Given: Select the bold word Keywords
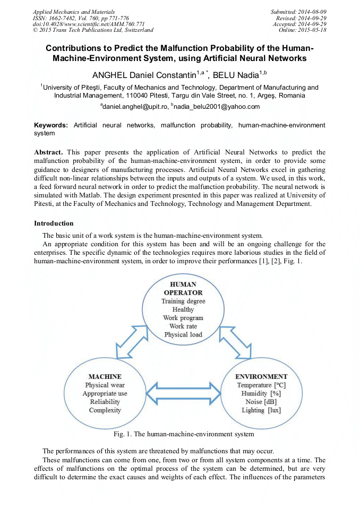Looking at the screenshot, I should tap(51, 125).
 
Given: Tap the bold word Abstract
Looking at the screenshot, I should tap(50, 152).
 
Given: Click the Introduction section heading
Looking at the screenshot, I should tap(54, 223).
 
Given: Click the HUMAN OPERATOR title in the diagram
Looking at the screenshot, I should tap(183, 288).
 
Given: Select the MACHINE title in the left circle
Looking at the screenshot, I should tap(105, 377).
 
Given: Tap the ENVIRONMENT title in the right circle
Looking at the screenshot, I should tap(261, 377).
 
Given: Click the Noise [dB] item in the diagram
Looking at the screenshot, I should tap(261, 402).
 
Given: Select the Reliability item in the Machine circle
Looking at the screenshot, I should tap(105, 402).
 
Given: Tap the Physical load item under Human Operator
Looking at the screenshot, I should tap(183, 335).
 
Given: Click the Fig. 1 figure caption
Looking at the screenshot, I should tap(180, 434).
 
